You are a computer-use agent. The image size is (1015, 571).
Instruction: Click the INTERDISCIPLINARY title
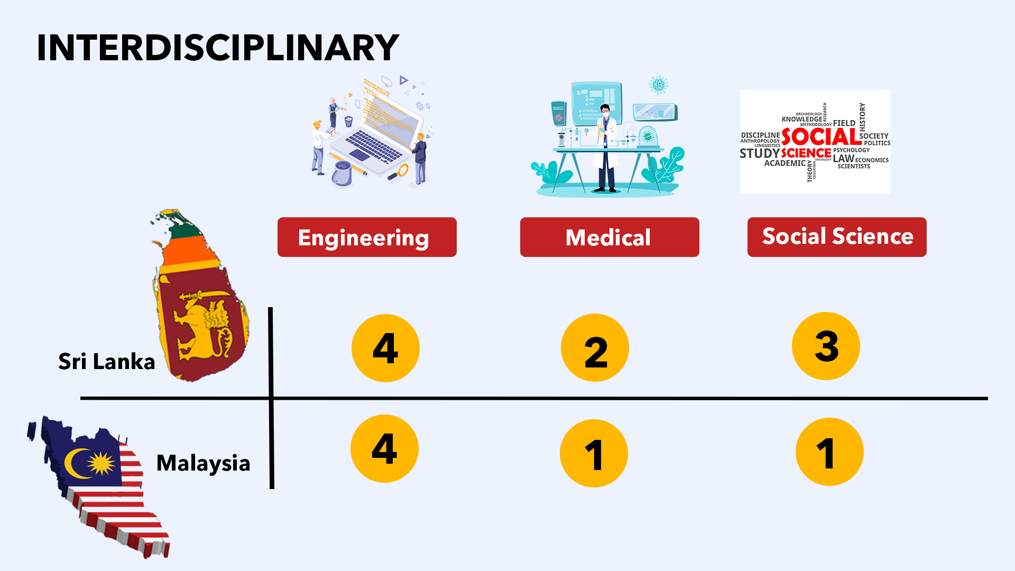coord(218,48)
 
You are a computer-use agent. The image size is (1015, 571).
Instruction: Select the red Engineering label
coord(367,237)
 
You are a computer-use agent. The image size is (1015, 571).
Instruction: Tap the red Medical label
coord(609,237)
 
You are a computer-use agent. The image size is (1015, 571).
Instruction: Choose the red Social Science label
coord(837,237)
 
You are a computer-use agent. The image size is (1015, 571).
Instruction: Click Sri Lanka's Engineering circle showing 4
coord(385,348)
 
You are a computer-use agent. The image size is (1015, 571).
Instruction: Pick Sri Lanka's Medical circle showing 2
coord(595,348)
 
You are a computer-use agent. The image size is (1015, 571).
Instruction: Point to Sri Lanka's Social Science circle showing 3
coord(826,346)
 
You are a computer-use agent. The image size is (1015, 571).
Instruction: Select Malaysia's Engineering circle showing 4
coord(384,449)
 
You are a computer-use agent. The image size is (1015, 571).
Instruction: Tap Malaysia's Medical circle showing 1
coord(594,454)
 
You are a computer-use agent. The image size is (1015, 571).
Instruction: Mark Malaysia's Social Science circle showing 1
coord(829,452)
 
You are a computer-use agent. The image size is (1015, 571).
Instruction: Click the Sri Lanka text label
coord(106,362)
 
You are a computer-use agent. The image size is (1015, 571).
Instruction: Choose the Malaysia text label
coord(203,463)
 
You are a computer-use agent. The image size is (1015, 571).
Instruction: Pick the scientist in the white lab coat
coord(606,148)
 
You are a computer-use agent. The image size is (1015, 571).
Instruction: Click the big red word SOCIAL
coord(821,137)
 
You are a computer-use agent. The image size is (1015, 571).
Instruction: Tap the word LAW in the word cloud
coord(843,158)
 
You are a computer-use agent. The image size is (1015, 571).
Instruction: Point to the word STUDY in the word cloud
coord(759,153)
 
